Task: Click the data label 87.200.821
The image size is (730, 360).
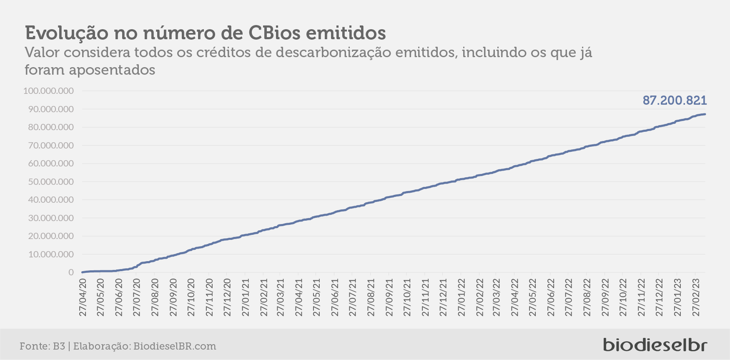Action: tap(675, 101)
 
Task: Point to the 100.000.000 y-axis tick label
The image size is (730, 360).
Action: tap(49, 91)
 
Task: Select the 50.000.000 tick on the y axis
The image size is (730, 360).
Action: tap(51, 181)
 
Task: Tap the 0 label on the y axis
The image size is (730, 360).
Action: tap(71, 272)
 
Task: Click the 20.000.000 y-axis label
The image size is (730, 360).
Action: tap(51, 236)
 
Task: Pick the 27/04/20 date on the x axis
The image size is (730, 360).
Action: tap(83, 297)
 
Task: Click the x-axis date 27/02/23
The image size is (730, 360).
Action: tap(695, 297)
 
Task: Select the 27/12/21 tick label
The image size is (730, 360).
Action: tap(443, 297)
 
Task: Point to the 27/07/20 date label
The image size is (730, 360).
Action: tap(137, 297)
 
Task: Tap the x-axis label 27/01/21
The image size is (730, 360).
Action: tap(245, 297)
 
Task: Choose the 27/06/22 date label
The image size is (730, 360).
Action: tap(551, 297)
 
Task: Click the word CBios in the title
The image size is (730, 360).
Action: tap(274, 33)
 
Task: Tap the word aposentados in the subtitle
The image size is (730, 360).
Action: tap(112, 70)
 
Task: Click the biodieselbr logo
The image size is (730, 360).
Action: tap(655, 345)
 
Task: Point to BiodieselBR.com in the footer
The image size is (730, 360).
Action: tap(175, 346)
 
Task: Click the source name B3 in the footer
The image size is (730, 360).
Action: tap(59, 346)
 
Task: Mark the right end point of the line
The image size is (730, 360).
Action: tap(705, 114)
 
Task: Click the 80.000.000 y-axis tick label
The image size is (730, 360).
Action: tap(51, 127)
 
